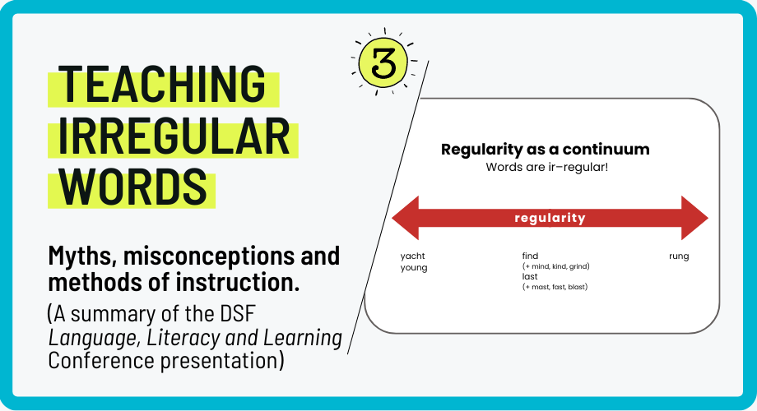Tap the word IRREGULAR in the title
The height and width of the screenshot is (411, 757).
click(x=174, y=136)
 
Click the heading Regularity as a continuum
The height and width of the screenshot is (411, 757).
click(x=546, y=150)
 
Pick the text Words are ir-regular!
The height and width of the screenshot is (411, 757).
click(x=546, y=168)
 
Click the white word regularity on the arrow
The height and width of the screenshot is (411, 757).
click(x=550, y=219)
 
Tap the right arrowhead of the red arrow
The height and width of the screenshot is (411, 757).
click(x=694, y=219)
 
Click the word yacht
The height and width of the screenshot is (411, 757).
click(x=413, y=256)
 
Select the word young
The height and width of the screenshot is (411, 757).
click(x=414, y=267)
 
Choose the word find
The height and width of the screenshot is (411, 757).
click(x=530, y=256)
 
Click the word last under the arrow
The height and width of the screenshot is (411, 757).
click(x=530, y=276)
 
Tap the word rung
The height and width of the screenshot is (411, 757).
click(x=679, y=256)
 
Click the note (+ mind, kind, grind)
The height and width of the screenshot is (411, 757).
click(x=556, y=266)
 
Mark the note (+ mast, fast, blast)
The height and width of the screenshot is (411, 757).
click(x=555, y=286)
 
